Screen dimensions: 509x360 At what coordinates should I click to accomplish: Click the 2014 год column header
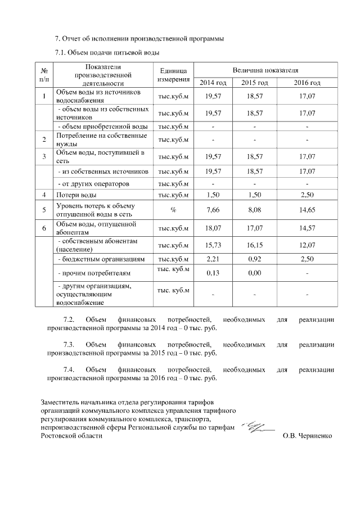(213, 83)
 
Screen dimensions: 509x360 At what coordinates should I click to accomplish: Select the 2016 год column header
(307, 83)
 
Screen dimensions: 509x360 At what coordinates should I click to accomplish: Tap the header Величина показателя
(265, 69)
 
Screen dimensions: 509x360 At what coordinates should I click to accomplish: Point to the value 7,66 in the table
(213, 210)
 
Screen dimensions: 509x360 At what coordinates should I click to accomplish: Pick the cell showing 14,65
(307, 210)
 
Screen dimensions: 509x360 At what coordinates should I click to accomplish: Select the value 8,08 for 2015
(255, 210)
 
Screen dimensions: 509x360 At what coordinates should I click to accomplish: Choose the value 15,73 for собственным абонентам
(213, 245)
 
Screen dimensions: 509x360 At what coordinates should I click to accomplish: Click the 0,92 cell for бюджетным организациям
(255, 259)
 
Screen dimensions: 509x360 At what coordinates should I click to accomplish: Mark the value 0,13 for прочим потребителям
(213, 273)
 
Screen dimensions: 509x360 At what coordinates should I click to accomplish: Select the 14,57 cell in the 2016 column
(307, 228)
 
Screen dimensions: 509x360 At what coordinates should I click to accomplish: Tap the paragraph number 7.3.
(70, 344)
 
